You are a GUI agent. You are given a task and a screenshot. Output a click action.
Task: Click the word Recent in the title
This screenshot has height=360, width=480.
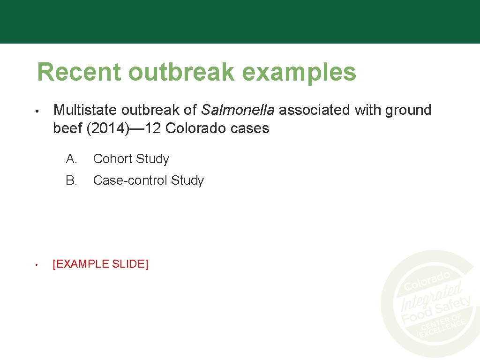[79, 72]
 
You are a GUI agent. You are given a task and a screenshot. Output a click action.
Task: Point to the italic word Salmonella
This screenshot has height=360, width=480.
[238, 110]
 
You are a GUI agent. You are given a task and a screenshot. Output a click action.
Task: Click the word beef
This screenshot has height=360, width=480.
[68, 128]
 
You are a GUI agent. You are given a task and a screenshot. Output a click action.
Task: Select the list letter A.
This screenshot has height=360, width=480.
[71, 159]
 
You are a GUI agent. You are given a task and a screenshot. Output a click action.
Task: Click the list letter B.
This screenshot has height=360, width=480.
[71, 180]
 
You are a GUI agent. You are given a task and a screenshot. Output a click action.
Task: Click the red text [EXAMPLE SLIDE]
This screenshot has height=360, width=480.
[100, 264]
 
